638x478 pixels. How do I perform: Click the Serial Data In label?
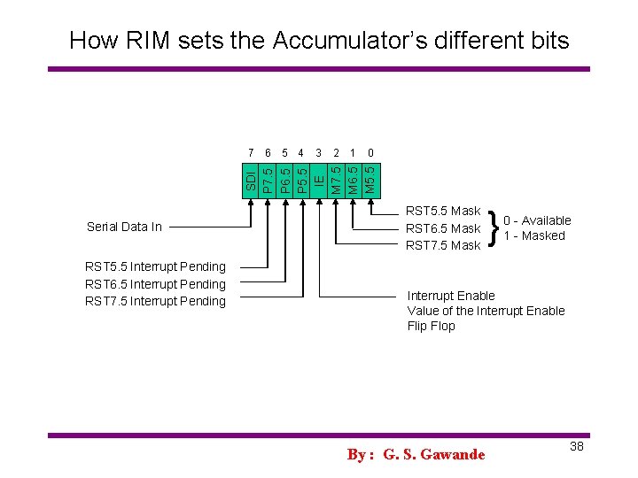(124, 227)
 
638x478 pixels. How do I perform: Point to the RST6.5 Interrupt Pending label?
(155, 284)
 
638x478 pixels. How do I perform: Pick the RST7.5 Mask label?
(442, 245)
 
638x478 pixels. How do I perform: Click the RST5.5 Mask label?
(442, 212)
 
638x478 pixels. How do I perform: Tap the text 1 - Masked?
(534, 235)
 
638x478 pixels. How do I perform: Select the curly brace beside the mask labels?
(492, 228)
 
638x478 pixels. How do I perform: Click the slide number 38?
(576, 446)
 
